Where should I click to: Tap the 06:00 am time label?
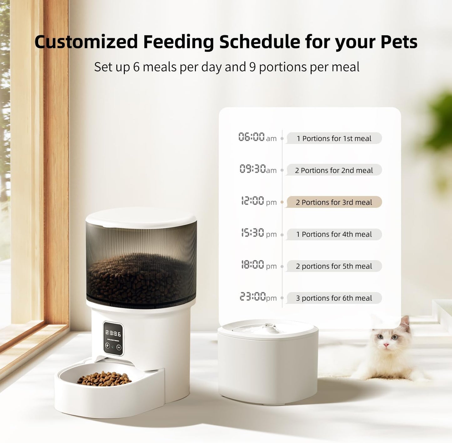(x=257, y=137)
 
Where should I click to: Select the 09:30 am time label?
(x=258, y=169)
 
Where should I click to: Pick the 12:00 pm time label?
(x=258, y=201)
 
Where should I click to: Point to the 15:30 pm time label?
(x=258, y=233)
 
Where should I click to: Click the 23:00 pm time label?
(x=258, y=297)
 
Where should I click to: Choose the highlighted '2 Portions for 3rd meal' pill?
(x=334, y=202)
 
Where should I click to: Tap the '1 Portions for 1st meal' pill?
(x=334, y=138)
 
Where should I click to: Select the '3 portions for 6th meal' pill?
(x=334, y=298)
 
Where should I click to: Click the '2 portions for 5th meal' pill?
(x=334, y=266)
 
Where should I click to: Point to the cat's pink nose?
(x=386, y=345)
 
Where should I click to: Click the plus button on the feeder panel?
(x=107, y=345)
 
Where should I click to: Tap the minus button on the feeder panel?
(x=119, y=347)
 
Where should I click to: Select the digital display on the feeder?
(x=113, y=334)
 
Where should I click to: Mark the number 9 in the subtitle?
(x=252, y=67)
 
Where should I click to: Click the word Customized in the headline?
(x=86, y=42)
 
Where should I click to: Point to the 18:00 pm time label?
(x=258, y=265)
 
